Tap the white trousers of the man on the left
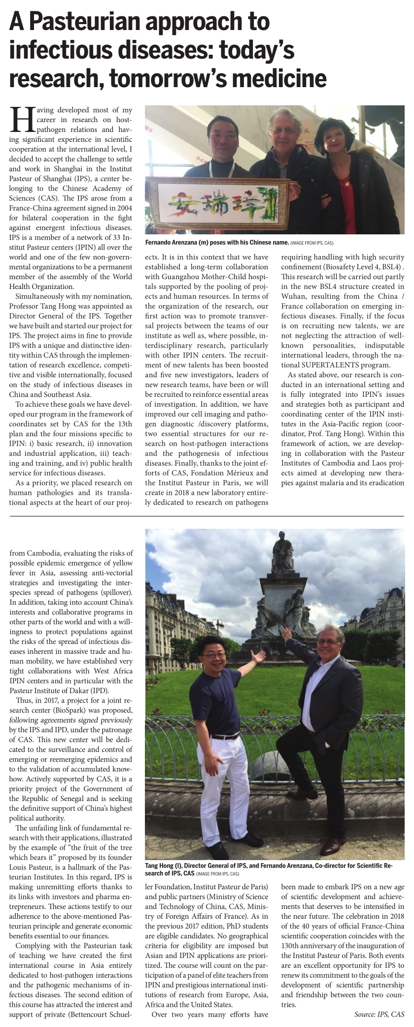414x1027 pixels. (x=223, y=783)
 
